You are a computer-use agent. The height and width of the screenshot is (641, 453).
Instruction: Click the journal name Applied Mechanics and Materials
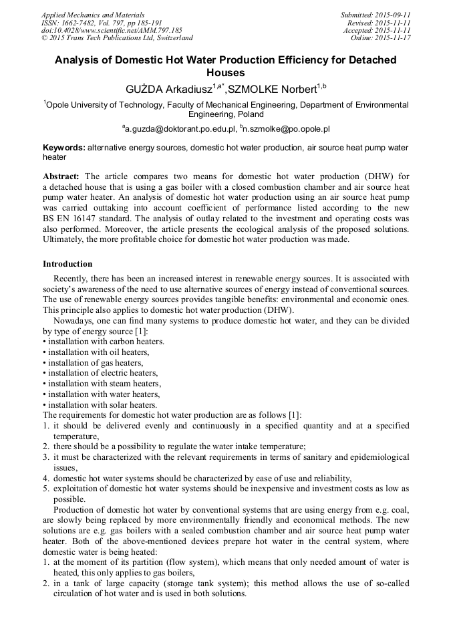93,15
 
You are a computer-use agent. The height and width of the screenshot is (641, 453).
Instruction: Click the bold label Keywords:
64,147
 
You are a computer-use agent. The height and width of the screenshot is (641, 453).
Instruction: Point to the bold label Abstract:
61,176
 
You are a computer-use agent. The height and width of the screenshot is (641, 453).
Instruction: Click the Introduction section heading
67,264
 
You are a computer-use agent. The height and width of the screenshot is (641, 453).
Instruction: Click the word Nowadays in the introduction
75,320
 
